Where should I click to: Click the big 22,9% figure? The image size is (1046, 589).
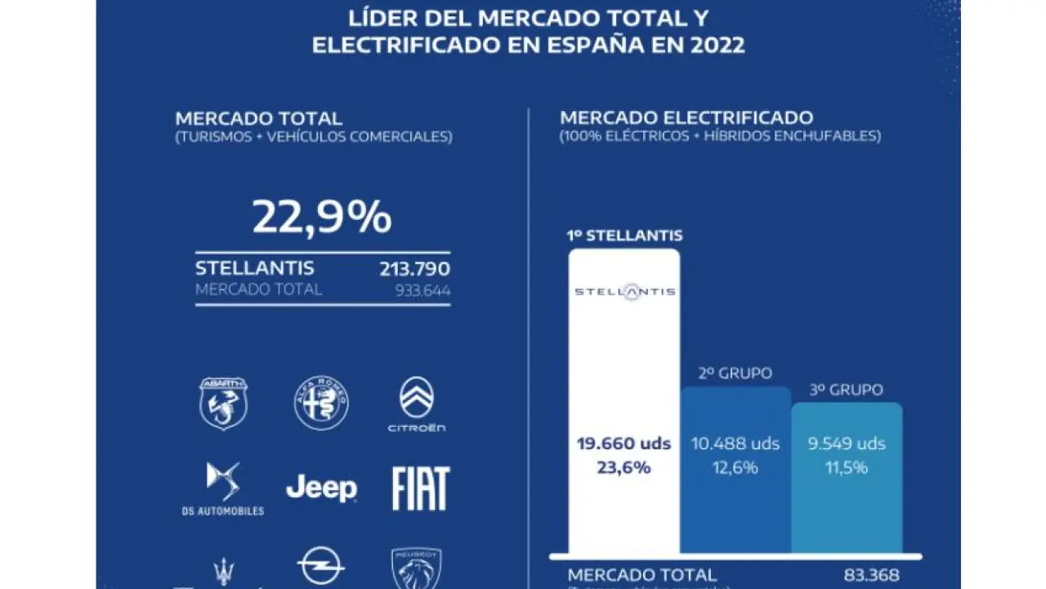click(321, 218)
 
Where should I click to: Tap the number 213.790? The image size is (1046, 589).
click(414, 269)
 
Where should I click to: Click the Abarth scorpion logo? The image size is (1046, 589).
click(224, 403)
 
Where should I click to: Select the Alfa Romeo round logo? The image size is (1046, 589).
click(321, 403)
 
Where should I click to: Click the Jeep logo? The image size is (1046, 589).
click(321, 488)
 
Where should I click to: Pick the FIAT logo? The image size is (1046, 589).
click(420, 489)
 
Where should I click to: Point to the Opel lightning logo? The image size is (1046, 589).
click(320, 566)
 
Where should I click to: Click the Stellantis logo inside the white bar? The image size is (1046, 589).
click(624, 292)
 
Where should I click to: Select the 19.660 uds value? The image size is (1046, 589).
click(624, 444)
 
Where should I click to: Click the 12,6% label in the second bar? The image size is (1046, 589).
click(735, 468)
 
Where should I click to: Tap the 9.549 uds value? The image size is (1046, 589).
click(847, 444)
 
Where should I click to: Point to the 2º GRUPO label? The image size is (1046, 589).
click(735, 374)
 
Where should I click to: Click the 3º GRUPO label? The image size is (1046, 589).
click(847, 390)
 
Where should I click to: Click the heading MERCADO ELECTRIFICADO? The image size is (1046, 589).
click(686, 118)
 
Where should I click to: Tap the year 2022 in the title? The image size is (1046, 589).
click(717, 44)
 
